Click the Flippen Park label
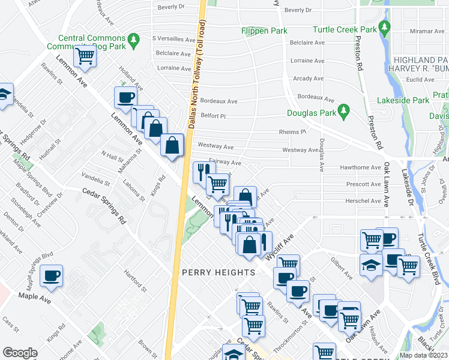pos(264,31)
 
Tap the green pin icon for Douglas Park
pos(343,110)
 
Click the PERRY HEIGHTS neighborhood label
pos(218,272)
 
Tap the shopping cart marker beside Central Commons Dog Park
pos(85,56)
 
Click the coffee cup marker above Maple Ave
pos(52,276)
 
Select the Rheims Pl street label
pos(292,132)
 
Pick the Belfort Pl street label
pos(212,116)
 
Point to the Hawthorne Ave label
pos(360,168)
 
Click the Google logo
pos(20,353)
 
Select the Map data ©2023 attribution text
pos(423,355)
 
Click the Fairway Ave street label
pos(224,162)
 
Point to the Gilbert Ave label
pos(342,268)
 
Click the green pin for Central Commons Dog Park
pos(135,41)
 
